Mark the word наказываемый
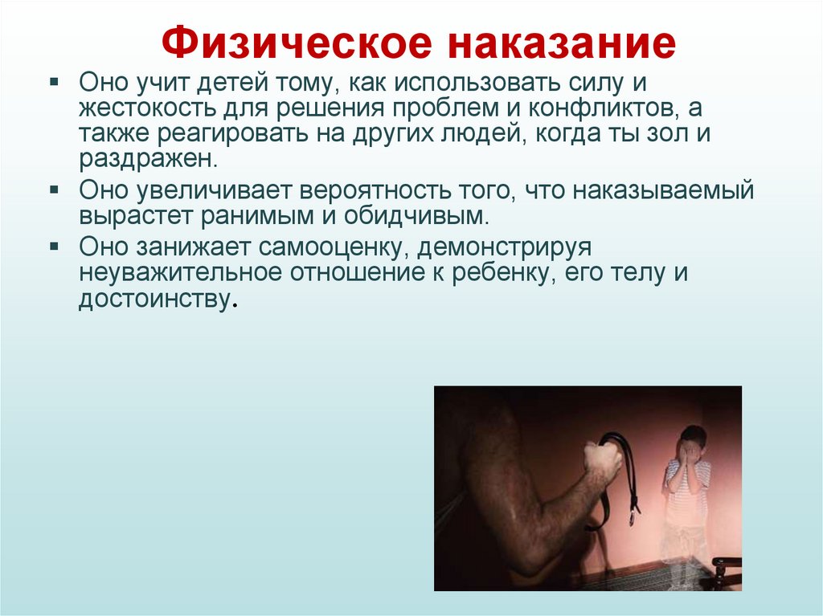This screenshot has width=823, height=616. [x=662, y=190]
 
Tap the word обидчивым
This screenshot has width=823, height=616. [x=416, y=216]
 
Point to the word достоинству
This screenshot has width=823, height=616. [x=155, y=299]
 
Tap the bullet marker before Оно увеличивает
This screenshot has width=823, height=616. [x=54, y=189]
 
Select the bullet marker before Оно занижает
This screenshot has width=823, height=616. [x=54, y=246]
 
